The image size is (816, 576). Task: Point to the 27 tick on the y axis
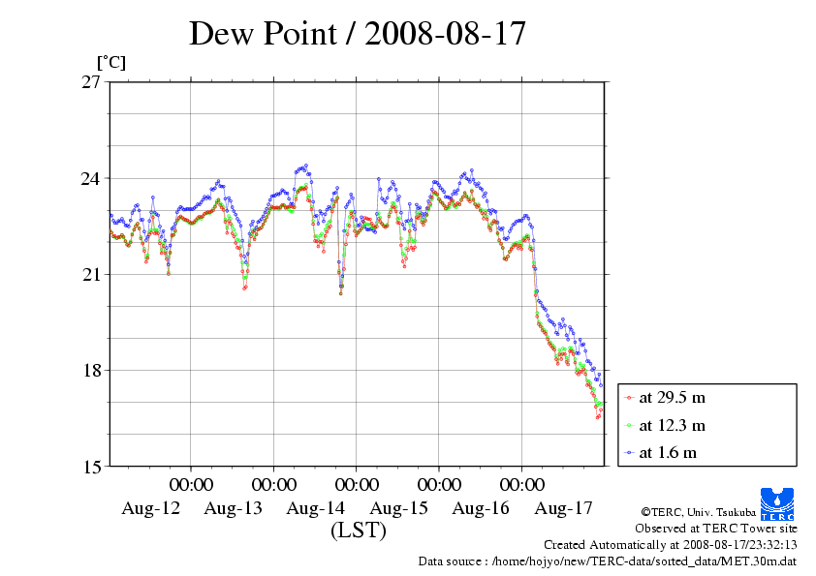[x=91, y=82]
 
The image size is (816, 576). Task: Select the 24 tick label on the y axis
[x=91, y=178]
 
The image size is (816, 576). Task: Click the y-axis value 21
[x=91, y=274]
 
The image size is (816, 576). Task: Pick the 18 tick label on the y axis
[x=91, y=370]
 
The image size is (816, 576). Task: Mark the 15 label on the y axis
[x=91, y=466]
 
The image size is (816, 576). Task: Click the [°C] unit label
[x=110, y=63]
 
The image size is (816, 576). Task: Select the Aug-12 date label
[x=150, y=508]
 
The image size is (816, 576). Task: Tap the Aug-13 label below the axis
[x=234, y=508]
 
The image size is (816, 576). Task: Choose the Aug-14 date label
[x=316, y=508]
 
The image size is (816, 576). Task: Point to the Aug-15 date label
[x=398, y=508]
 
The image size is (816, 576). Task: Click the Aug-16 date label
[x=482, y=508]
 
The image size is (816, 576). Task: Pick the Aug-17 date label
[x=564, y=508]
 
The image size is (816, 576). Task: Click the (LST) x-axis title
[x=359, y=531]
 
